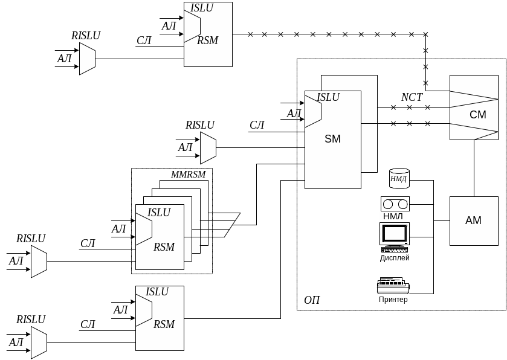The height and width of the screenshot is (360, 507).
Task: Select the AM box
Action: tap(473, 220)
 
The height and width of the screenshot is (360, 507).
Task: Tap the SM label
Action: tap(332, 139)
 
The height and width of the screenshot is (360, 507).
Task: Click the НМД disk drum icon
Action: tap(399, 178)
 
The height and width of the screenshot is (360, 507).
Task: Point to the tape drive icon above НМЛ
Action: tap(395, 204)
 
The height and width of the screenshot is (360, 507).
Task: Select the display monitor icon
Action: tap(395, 235)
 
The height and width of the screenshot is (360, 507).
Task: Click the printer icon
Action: tap(393, 286)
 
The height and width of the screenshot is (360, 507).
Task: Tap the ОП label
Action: tap(312, 300)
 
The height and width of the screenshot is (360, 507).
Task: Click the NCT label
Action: tap(412, 97)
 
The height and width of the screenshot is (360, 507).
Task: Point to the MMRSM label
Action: tap(188, 175)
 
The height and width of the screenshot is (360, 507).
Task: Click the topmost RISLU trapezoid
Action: tap(87, 59)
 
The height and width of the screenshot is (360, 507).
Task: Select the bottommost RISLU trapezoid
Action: tap(39, 342)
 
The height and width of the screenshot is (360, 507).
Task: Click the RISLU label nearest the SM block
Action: tap(199, 126)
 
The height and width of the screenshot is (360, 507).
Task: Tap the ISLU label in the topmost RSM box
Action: tap(202, 8)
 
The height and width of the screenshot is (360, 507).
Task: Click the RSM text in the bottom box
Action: tap(164, 324)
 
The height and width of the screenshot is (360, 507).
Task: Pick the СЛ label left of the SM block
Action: tap(257, 126)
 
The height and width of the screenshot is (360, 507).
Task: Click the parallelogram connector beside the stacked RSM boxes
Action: tap(233, 225)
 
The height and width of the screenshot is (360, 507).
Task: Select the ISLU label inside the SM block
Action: tap(328, 97)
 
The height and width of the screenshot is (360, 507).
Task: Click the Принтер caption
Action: tap(393, 300)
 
